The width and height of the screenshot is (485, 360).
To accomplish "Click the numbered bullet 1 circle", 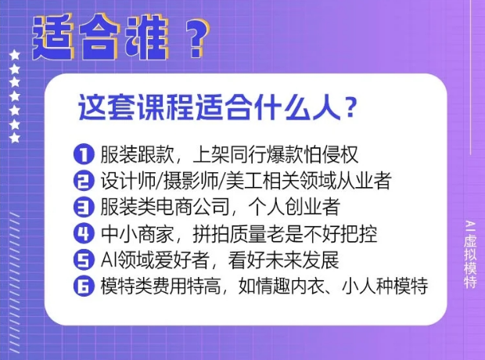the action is pyautogui.click(x=84, y=154).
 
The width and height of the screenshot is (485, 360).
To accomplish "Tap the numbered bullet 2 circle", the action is pyautogui.click(x=84, y=180).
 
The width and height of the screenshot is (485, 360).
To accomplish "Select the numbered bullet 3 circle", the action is pyautogui.click(x=84, y=207).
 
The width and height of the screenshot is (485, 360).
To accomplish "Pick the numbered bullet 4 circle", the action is pyautogui.click(x=84, y=233).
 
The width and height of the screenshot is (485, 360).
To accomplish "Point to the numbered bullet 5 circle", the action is pyautogui.click(x=84, y=259).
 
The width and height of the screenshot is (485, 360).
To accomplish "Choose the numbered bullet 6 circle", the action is pyautogui.click(x=84, y=286).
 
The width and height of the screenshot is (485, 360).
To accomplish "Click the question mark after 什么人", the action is pyautogui.click(x=350, y=108).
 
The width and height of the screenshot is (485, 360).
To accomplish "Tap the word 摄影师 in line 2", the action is pyautogui.click(x=191, y=181).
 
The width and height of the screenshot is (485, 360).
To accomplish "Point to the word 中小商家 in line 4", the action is pyautogui.click(x=138, y=233).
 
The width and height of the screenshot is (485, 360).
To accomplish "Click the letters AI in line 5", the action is pyautogui.click(x=106, y=260).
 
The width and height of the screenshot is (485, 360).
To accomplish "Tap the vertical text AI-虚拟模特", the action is pyautogui.click(x=470, y=254).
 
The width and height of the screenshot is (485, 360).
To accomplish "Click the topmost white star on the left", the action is pyautogui.click(x=15, y=56).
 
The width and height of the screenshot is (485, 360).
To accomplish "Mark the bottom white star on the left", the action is pyautogui.click(x=15, y=138).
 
